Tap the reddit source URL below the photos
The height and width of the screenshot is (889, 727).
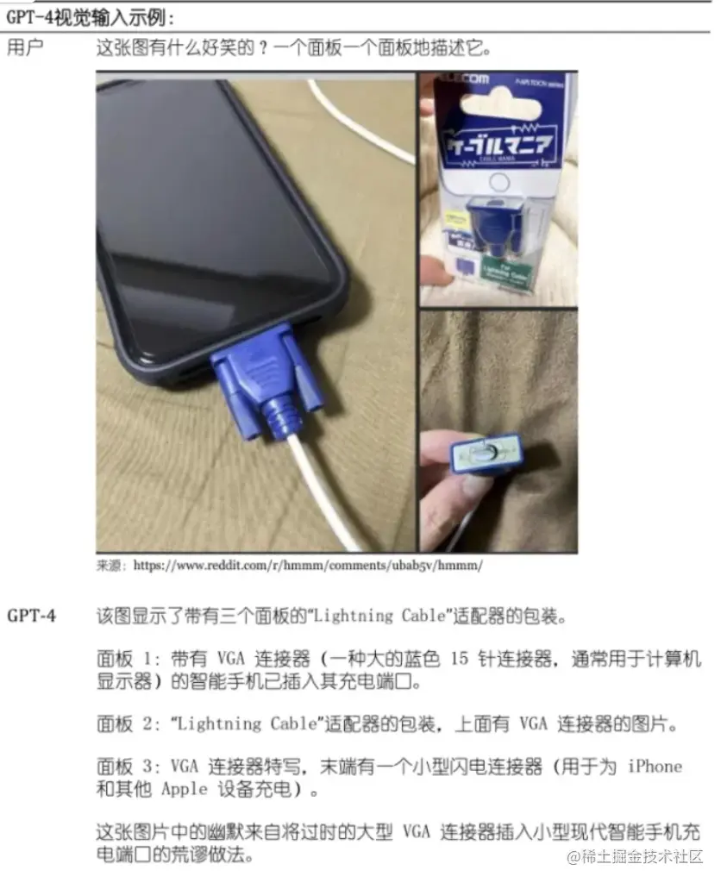[x=308, y=566]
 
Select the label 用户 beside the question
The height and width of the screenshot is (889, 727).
[x=25, y=47]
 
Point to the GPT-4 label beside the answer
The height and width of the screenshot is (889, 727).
[x=32, y=616]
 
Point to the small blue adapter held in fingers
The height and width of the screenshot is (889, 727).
[x=486, y=454]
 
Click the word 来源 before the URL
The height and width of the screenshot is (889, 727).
[x=110, y=567]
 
